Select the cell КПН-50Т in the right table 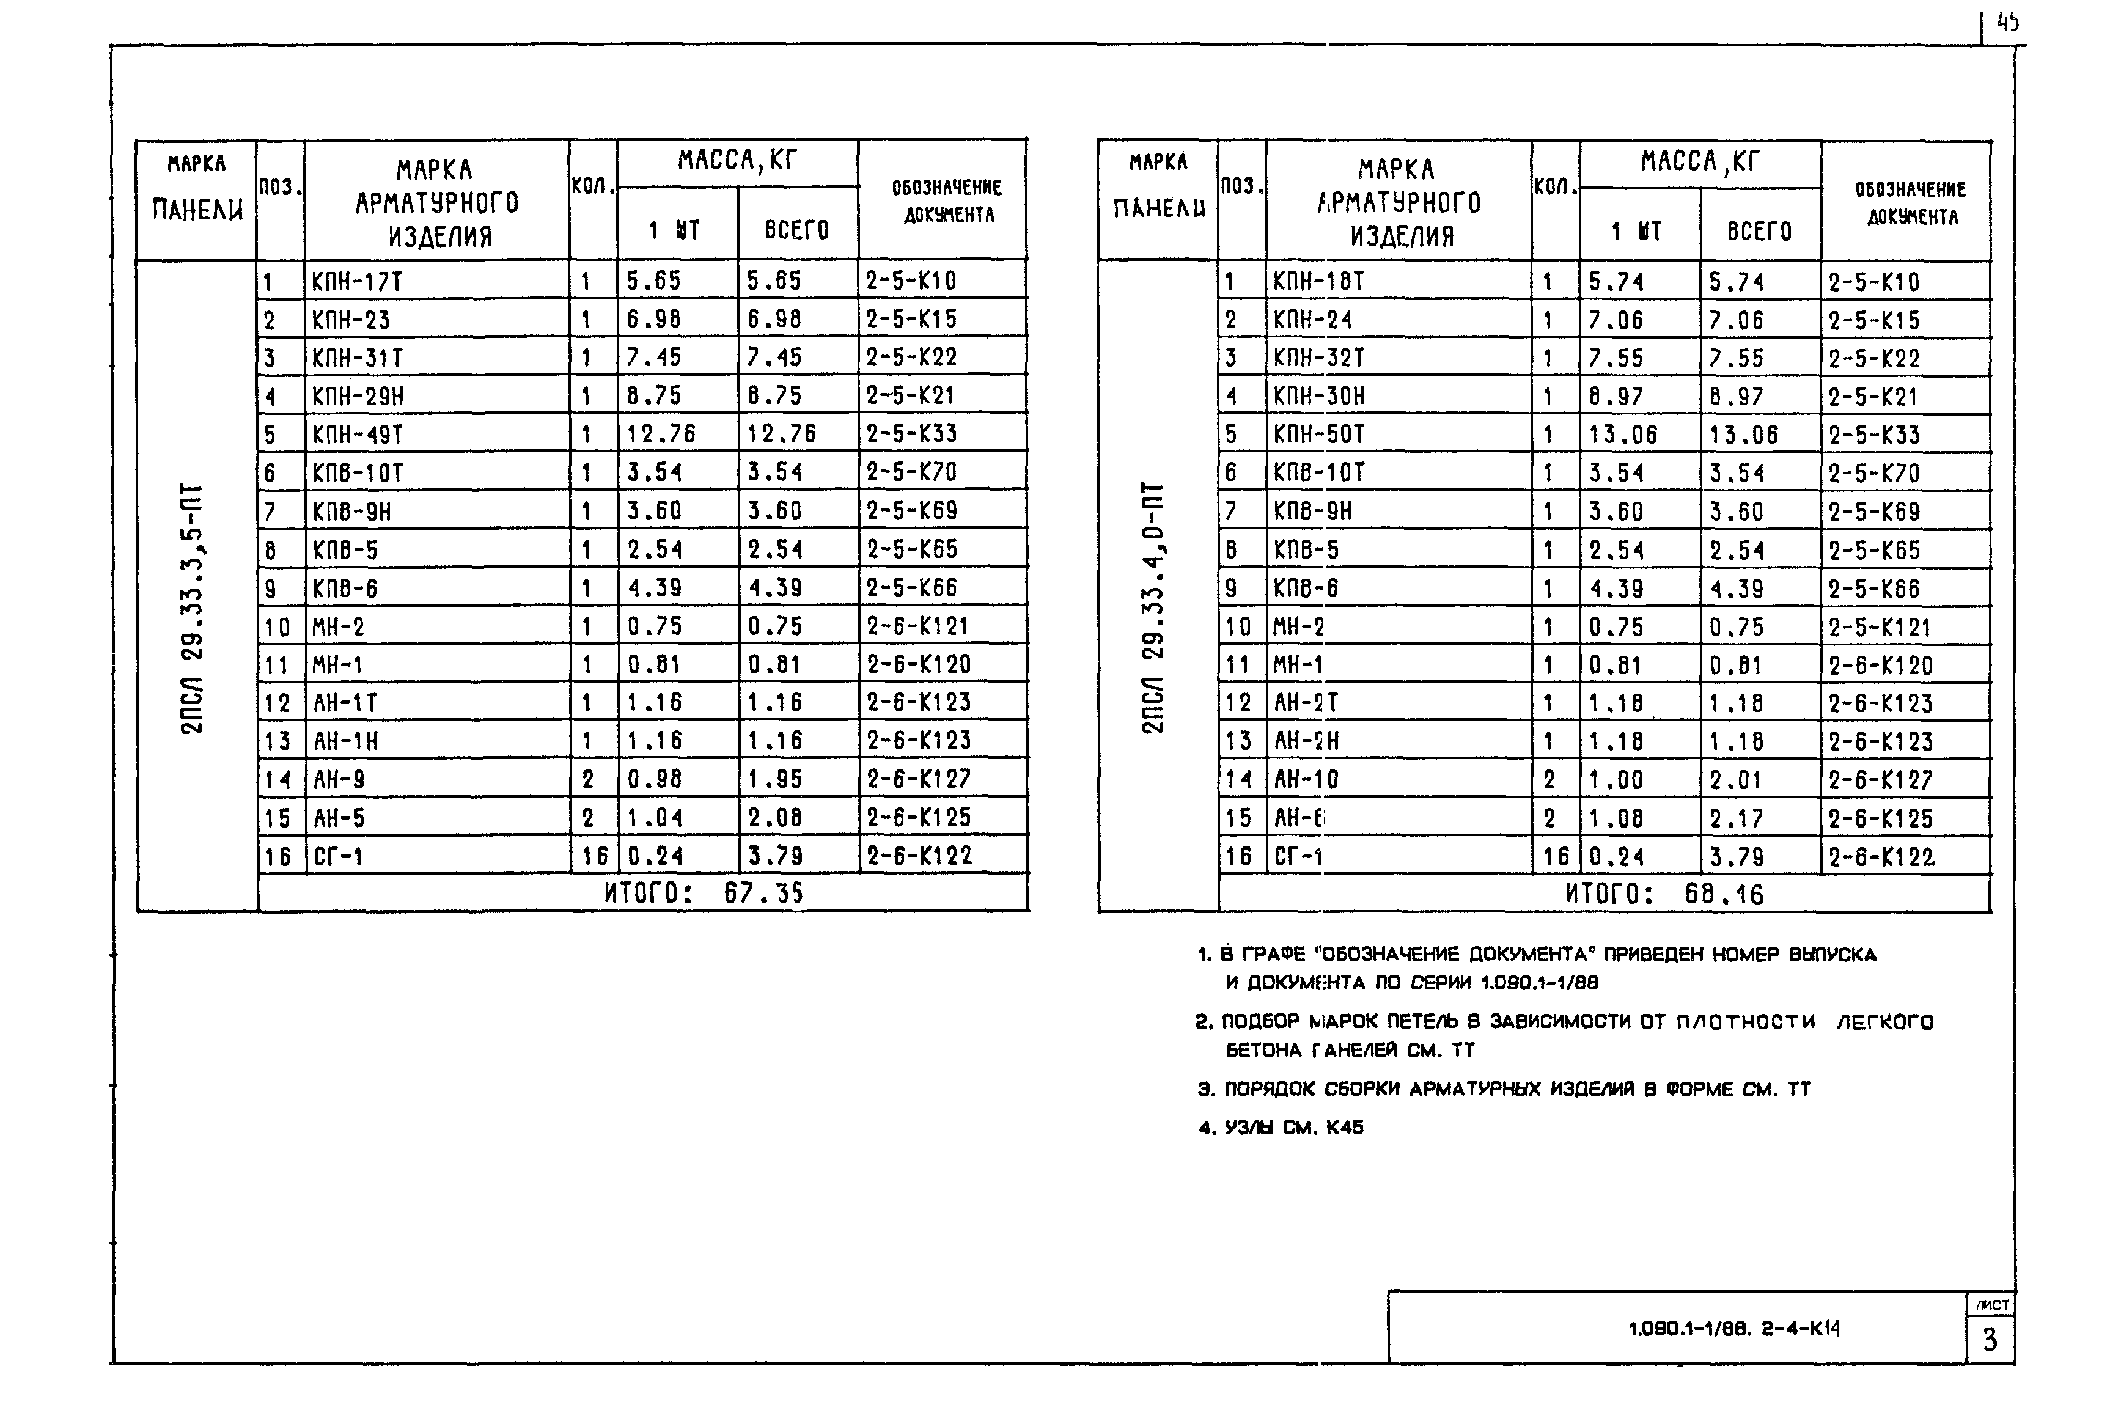coord(1319,435)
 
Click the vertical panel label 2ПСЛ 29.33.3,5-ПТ coord(193,608)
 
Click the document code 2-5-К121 coord(1880,628)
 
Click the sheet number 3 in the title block coord(1990,1340)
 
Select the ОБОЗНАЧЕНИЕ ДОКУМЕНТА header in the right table coord(1911,203)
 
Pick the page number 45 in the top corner coord(2007,23)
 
